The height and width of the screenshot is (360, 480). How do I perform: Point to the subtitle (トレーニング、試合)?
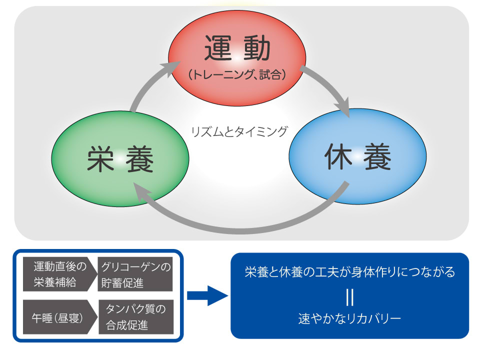coord(238,75)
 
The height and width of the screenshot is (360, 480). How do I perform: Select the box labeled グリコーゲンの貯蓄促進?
coord(135,274)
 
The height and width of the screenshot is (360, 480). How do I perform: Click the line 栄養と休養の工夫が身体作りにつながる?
coord(349,272)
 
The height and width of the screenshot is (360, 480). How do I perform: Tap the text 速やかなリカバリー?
coord(349,318)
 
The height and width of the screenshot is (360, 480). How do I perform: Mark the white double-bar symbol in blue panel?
coord(349,296)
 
